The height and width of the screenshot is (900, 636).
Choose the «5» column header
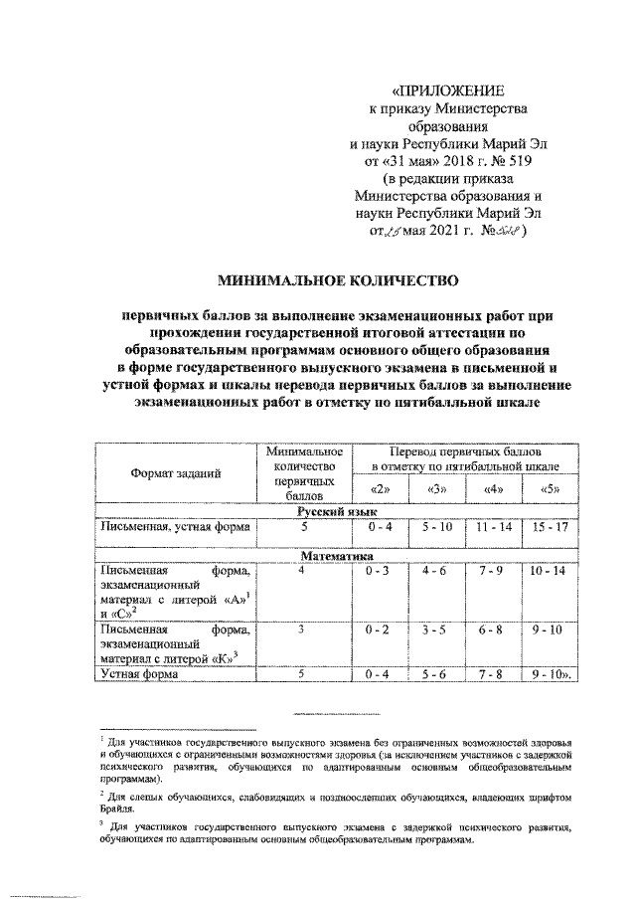click(x=550, y=489)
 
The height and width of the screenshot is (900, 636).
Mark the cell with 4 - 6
click(x=435, y=573)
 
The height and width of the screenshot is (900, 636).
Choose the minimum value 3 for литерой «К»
click(x=300, y=629)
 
